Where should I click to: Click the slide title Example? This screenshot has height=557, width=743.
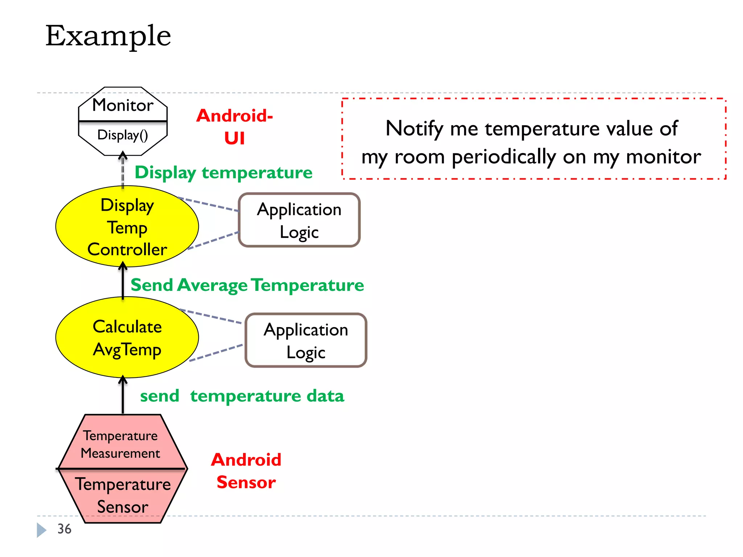point(108,36)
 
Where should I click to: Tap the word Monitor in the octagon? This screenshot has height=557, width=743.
point(123,105)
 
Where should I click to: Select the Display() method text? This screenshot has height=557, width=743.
point(123,135)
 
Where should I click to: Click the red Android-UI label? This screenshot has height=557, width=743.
point(234,127)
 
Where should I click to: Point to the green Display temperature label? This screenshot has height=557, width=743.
point(223,172)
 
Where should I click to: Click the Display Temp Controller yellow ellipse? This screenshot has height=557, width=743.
point(127,227)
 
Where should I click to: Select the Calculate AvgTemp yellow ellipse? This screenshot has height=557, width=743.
point(127,338)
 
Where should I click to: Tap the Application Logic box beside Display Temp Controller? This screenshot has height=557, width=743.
point(299,220)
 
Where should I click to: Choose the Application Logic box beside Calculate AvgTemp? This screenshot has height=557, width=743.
point(306,341)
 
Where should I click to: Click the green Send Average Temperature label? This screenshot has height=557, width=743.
point(247,285)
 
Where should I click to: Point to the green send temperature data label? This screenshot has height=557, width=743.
point(242,396)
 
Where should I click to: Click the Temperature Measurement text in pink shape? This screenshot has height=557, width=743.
point(120,444)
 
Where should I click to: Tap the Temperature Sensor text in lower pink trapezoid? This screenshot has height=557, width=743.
point(123,495)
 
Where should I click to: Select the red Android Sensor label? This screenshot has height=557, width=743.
point(246,471)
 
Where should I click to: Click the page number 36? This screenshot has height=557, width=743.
point(65,529)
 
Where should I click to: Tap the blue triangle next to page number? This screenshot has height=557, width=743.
point(41,530)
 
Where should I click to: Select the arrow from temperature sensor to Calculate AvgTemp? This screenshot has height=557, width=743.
point(123,395)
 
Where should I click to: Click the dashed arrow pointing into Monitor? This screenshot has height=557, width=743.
point(123,170)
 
